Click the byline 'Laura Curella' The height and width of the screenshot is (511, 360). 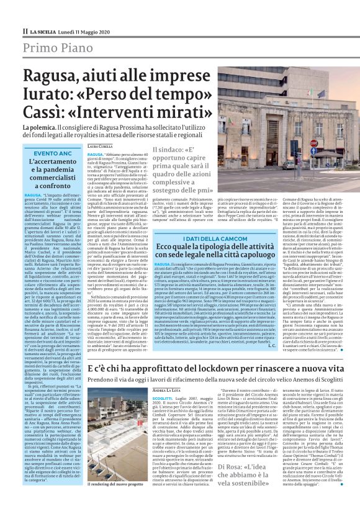(99, 147)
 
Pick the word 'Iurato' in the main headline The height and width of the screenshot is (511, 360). (45, 95)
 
